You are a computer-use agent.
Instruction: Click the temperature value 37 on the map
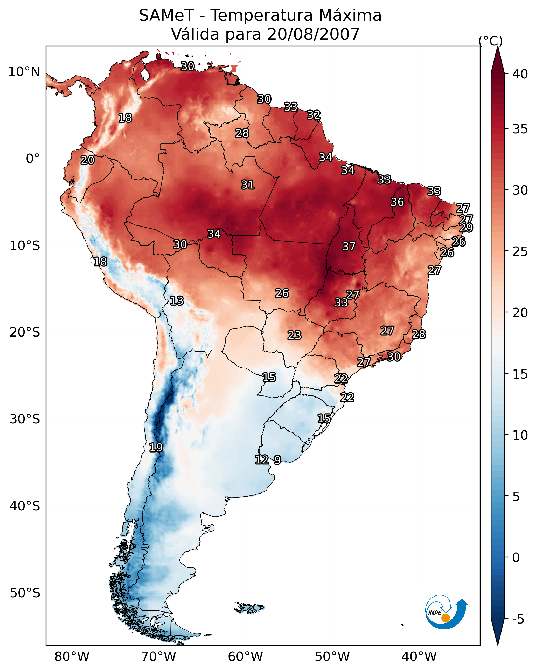click(349, 247)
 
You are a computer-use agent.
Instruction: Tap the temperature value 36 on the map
click(397, 202)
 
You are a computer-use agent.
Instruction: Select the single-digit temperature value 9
click(277, 460)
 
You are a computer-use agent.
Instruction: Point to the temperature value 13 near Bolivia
click(176, 301)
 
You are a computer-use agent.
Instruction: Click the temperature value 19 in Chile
click(156, 447)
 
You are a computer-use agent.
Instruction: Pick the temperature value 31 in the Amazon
click(248, 184)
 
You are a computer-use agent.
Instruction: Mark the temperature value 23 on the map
click(294, 335)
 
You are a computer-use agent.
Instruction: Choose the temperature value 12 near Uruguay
click(262, 459)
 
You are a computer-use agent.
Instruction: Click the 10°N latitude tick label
click(24, 72)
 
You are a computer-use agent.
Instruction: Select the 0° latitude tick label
click(33, 159)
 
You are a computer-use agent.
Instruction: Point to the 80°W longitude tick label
click(72, 656)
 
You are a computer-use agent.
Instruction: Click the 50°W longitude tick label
click(332, 656)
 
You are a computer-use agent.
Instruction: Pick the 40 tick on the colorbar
click(520, 74)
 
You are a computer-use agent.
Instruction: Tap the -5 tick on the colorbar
click(518, 619)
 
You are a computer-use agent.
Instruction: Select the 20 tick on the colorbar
click(520, 312)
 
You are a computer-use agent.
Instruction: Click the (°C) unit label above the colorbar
click(490, 41)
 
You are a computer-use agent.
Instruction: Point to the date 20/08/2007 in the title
click(313, 34)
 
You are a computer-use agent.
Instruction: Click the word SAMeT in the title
click(166, 15)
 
